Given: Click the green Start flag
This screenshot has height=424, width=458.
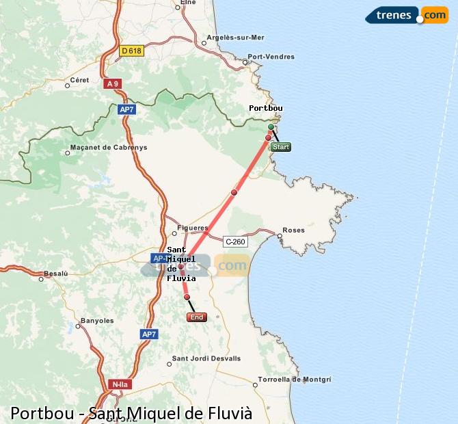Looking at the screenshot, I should [x=280, y=146].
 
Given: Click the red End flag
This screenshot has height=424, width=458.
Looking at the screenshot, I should [x=196, y=317].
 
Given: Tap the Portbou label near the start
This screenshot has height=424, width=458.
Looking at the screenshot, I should [x=266, y=108].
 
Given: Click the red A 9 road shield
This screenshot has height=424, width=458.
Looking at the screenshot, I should [x=112, y=83].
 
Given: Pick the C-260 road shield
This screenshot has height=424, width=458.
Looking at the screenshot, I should [x=234, y=241].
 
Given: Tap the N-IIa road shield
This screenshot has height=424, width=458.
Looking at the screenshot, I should [x=119, y=384].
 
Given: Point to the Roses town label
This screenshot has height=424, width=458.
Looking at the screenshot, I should [x=293, y=230].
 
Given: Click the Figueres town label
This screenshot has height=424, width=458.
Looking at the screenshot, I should [x=192, y=228].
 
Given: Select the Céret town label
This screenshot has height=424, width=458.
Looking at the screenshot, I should [x=80, y=80].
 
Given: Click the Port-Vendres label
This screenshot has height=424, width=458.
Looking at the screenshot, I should [x=271, y=57].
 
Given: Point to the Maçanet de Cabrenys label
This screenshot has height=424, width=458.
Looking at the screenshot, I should [x=108, y=147].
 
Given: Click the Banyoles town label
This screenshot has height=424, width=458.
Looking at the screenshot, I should [x=97, y=320].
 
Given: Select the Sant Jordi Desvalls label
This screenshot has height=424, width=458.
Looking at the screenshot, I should [x=206, y=358].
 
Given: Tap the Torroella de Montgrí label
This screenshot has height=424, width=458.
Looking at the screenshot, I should [x=295, y=379].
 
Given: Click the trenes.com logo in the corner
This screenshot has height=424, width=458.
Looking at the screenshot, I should [x=407, y=14].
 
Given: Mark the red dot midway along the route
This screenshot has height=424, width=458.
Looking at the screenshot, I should [x=234, y=192].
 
